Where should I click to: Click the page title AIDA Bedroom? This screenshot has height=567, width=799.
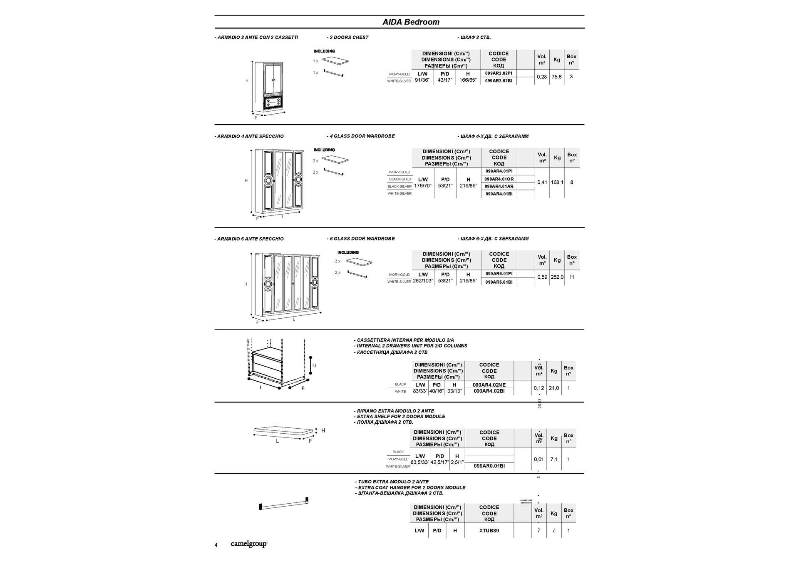411,22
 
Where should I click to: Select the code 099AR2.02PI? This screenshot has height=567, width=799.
499,73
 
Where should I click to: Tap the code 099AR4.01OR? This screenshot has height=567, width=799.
499,179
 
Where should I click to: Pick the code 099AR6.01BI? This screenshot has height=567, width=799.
499,282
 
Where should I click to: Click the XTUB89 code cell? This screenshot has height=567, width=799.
489,531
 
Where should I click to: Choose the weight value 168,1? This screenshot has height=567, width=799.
557,182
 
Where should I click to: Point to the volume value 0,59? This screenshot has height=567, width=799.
542,277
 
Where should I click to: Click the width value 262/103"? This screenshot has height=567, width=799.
423,281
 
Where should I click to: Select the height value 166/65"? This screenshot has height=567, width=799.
468,80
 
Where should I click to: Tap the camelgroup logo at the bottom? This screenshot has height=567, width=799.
249,544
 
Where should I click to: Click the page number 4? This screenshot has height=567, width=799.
216,545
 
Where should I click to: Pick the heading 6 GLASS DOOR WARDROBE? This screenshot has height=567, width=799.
361,239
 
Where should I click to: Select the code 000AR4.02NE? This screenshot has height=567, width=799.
489,385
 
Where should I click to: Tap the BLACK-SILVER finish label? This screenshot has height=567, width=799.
399,187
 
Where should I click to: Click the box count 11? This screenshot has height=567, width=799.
572,277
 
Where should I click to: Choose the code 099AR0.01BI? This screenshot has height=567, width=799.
489,466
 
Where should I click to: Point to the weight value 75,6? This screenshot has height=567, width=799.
556,77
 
